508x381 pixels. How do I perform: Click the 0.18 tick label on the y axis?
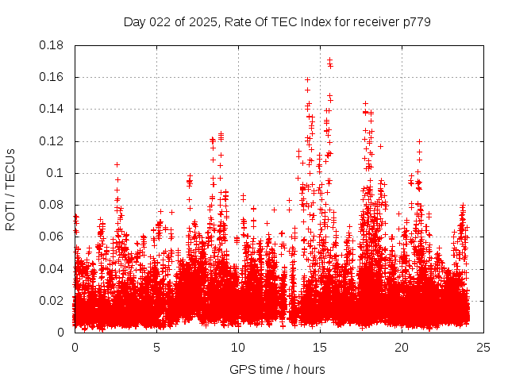pos(53,45)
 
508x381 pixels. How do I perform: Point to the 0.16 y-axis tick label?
pos(53,77)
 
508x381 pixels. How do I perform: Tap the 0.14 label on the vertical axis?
pos(53,109)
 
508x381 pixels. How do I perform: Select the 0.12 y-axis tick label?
pos(53,141)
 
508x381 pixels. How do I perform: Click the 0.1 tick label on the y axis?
pos(56,173)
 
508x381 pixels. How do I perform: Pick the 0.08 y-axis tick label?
pos(53,205)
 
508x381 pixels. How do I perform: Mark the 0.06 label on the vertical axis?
pos(53,237)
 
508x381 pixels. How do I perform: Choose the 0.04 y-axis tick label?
pos(53,268)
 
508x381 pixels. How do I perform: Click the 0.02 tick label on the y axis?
pos(53,300)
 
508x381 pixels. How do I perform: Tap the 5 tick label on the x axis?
pos(156,347)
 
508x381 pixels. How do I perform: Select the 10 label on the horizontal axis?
pos(238,347)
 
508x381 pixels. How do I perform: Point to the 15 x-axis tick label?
pos(320,347)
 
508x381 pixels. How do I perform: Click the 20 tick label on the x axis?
pos(402,347)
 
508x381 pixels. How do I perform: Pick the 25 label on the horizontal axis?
pos(483,347)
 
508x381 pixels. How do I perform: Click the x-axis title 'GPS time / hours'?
pos(277,369)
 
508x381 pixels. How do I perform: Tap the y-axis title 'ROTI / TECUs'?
pos(10,189)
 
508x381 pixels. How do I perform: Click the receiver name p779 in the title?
pos(417,21)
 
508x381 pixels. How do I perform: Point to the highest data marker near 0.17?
pos(329,60)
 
